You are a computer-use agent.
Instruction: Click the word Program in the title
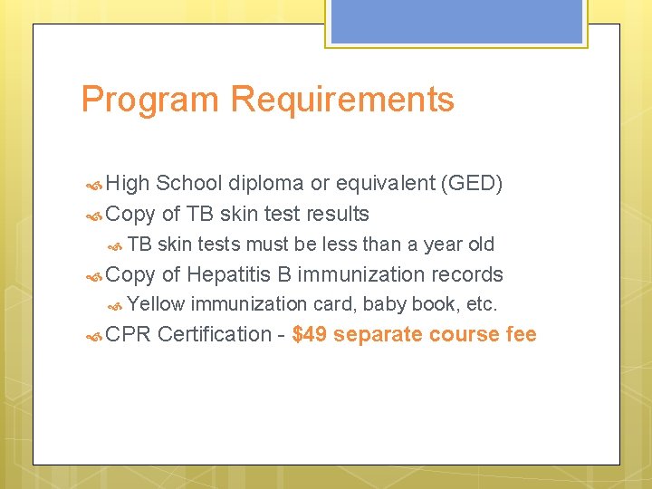point(150,100)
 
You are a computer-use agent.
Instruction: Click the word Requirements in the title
point(342,100)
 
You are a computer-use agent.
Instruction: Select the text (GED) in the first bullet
point(471,184)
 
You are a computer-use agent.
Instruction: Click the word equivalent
point(386,184)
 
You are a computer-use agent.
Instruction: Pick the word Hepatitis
point(238,274)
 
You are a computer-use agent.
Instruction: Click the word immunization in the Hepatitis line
point(361,274)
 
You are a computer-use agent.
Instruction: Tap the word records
point(467,274)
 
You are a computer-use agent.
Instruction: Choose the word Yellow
point(156,304)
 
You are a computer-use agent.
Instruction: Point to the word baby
point(385,304)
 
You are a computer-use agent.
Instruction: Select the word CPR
point(128,334)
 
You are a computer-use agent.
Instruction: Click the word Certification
point(214,334)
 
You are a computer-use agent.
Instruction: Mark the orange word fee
point(520,334)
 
